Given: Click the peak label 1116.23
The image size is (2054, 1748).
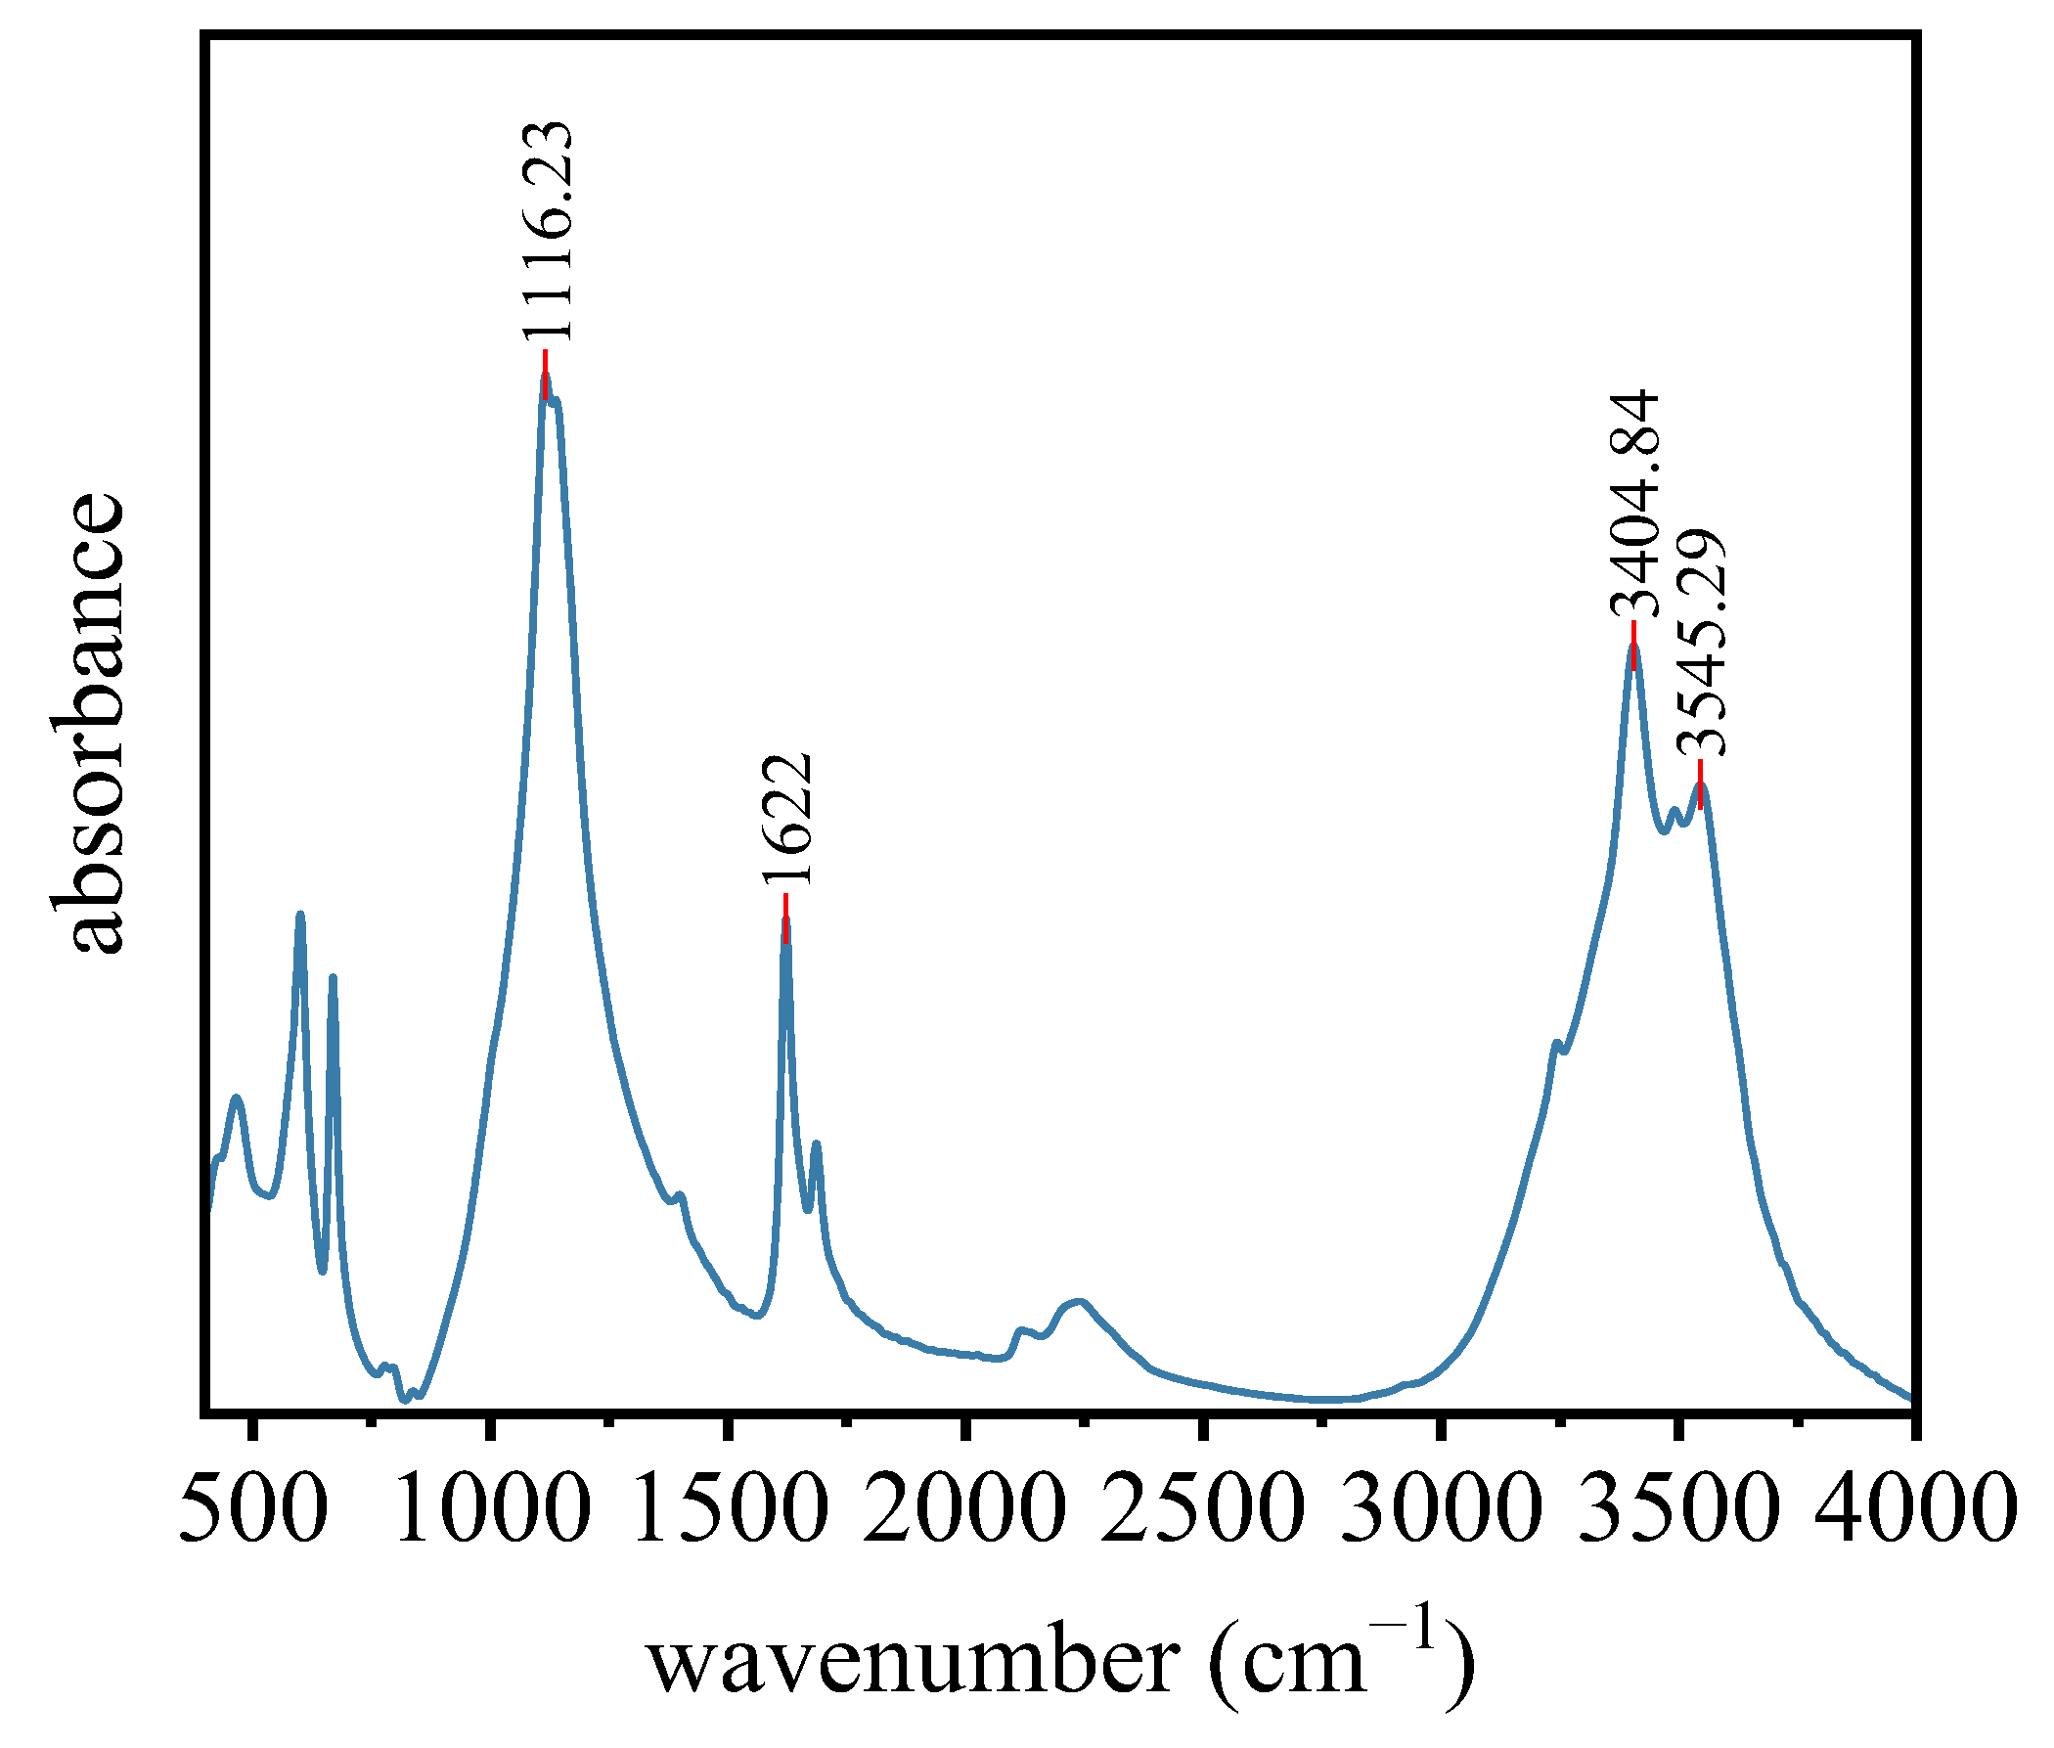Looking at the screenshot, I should pos(548,231).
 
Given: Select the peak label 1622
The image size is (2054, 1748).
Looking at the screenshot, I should pos(787,818).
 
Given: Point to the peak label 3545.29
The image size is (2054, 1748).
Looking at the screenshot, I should pos(1700,643).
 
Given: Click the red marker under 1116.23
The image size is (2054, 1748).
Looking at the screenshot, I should pos(545,374).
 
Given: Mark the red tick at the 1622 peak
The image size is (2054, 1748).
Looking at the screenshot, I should pos(785,918).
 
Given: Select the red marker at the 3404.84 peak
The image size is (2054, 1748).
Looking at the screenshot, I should pos(1633,644).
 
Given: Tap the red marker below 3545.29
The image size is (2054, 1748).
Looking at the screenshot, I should pos(1700,784).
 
